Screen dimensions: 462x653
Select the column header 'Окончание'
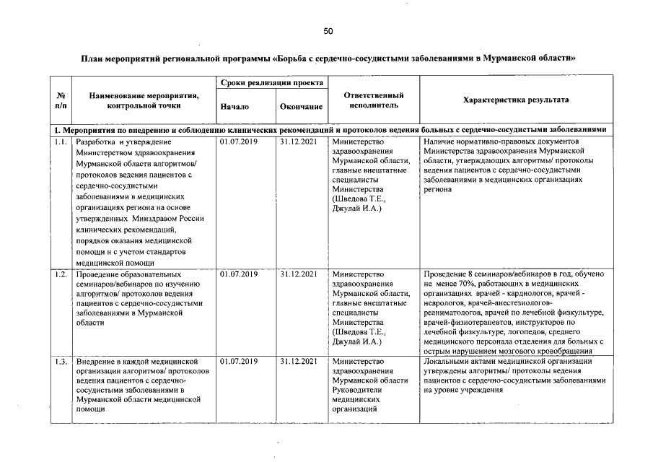click(x=300, y=107)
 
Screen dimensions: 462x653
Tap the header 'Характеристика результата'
click(x=515, y=100)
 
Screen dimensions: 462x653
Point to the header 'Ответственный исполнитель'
click(x=373, y=100)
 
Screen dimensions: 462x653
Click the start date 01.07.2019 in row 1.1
click(x=239, y=142)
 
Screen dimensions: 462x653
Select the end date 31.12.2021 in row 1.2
click(x=299, y=274)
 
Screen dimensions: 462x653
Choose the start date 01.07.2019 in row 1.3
click(x=239, y=361)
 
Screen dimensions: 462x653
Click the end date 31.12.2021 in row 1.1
click(x=299, y=142)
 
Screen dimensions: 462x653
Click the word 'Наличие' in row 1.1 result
click(x=439, y=142)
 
